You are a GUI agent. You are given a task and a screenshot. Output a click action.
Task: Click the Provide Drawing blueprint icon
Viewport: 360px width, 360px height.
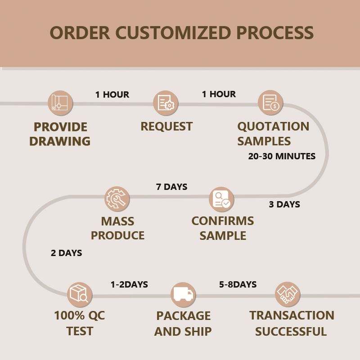point(60,103)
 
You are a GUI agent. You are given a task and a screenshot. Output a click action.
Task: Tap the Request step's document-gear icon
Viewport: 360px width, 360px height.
point(166,103)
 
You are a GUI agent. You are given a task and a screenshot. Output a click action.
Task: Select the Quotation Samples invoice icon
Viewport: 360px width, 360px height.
point(270,103)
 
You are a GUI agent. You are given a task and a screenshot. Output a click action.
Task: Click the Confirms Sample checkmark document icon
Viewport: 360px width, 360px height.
point(221,199)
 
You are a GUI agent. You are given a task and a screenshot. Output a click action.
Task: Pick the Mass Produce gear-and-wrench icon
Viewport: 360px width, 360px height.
point(117,199)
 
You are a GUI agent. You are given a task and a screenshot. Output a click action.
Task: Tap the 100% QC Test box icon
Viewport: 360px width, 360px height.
point(80,295)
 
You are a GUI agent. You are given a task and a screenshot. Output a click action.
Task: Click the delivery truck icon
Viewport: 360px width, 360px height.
point(183,295)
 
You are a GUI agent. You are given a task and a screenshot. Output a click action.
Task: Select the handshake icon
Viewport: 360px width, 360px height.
point(288,294)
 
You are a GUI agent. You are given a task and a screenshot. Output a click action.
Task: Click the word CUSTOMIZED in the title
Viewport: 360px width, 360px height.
point(173,32)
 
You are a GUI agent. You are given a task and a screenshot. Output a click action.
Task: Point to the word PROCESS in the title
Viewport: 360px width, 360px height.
point(275,32)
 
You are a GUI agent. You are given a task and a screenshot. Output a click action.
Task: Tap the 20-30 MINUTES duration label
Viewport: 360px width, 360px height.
point(282,156)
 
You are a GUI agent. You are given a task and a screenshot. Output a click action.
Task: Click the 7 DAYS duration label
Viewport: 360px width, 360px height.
point(172,187)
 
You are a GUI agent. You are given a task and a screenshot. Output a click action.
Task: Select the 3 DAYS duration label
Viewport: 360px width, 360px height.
point(284,204)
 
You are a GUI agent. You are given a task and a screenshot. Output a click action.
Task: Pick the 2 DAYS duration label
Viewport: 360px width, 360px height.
point(66,253)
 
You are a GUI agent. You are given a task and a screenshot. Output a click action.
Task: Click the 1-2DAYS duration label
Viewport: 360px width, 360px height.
point(129,285)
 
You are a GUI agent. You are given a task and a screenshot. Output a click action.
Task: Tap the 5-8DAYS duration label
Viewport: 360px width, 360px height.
point(238,284)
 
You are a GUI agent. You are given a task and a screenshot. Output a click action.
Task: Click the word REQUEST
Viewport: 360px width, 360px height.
point(166,126)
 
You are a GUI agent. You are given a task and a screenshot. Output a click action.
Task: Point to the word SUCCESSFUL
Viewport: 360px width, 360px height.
point(291,332)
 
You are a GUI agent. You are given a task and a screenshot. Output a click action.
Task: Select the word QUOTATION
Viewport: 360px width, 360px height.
point(273,126)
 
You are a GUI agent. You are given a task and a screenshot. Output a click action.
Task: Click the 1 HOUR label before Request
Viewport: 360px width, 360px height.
point(112,94)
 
